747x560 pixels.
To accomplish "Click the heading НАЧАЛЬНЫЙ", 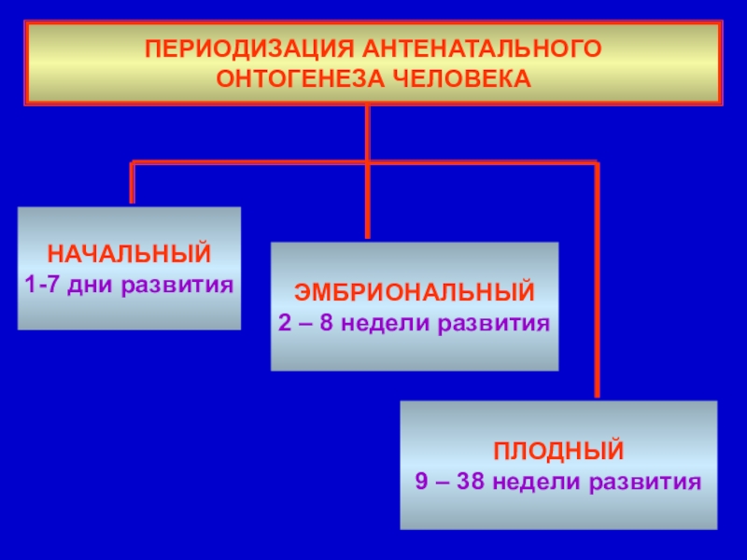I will click(x=130, y=254).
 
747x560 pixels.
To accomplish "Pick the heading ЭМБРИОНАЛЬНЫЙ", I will click(x=415, y=293).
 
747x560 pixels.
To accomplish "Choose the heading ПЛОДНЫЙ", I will click(x=558, y=454).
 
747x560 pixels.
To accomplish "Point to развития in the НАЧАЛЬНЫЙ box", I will click(x=176, y=283).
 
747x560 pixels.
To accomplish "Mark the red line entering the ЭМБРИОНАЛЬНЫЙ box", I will click(x=368, y=205).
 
